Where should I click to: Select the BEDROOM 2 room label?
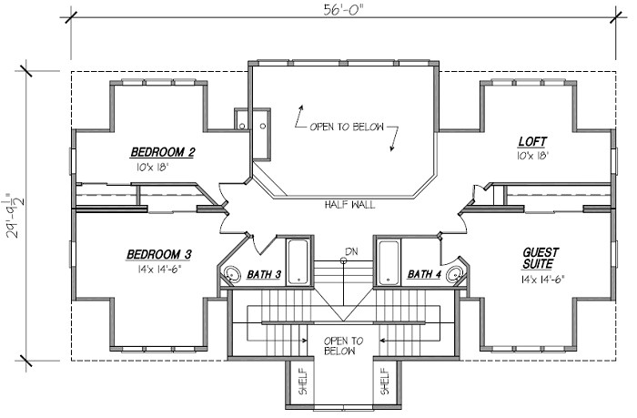[x=163, y=151]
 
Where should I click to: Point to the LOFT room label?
[x=531, y=141]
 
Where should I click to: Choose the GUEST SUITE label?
[x=540, y=258]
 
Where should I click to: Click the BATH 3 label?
[x=265, y=273]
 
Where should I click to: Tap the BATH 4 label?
[x=425, y=273]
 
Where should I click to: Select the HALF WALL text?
[x=349, y=205]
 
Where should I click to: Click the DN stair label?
[x=350, y=250]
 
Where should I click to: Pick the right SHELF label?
[x=385, y=383]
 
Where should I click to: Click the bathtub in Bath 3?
[x=298, y=261]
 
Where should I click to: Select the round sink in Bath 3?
[x=232, y=273]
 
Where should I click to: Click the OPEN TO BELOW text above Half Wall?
[x=346, y=127]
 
